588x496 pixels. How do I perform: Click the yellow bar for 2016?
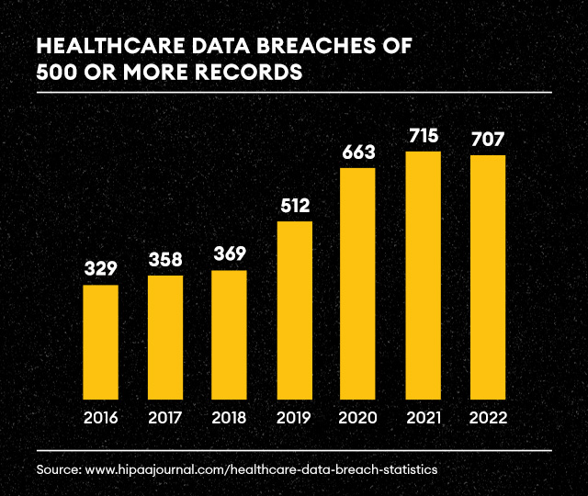(100, 343)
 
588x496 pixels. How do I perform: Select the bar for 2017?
(164, 338)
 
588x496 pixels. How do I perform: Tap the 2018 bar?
(229, 335)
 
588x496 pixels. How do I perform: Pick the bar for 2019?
(294, 311)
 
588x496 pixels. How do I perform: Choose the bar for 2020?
(358, 285)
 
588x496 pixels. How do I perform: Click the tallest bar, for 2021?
(423, 276)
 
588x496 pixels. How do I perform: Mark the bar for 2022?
(487, 277)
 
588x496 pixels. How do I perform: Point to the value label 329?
(100, 268)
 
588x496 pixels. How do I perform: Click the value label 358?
(164, 259)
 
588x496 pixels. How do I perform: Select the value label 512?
(294, 205)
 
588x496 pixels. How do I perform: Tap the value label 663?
(358, 152)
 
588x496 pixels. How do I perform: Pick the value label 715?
(423, 136)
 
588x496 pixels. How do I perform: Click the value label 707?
(487, 140)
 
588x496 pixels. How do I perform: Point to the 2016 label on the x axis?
(100, 418)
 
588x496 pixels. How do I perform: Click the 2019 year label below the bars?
(294, 418)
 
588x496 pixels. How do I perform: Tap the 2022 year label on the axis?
(487, 418)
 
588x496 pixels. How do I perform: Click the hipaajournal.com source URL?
(261, 469)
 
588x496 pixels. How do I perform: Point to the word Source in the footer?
(58, 469)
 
